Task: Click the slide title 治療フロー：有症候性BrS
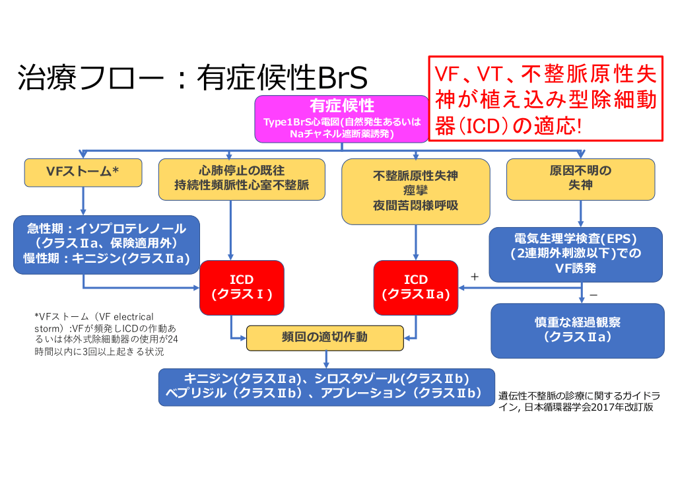point(191,79)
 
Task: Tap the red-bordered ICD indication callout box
point(545,98)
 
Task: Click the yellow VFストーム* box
point(83,172)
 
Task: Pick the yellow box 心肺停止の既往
point(242,178)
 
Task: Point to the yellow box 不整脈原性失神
point(415,191)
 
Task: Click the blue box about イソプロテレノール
point(106,244)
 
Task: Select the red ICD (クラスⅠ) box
point(242,287)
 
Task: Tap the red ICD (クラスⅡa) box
point(415,287)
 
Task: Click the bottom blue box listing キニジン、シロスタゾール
point(326,386)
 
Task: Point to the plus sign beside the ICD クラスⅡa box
point(473,277)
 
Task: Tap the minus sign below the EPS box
point(593,294)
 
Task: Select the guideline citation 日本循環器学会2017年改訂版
point(578,401)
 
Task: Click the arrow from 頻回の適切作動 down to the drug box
point(326,359)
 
